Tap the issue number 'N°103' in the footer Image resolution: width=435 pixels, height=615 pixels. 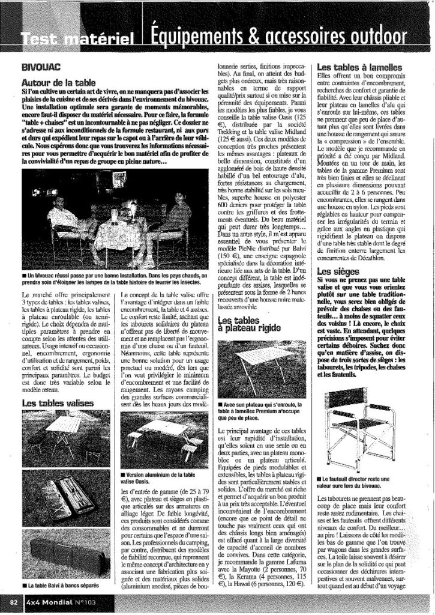click(85, 601)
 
